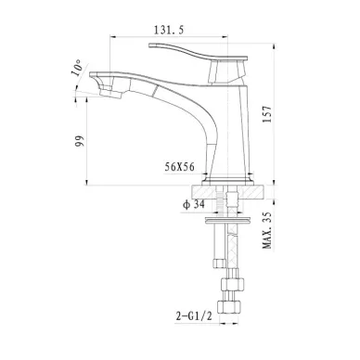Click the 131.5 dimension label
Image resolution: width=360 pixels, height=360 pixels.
pyautogui.click(x=169, y=30)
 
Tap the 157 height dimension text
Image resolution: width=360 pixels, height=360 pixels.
pyautogui.click(x=267, y=114)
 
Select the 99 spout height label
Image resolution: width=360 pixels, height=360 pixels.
pyautogui.click(x=80, y=141)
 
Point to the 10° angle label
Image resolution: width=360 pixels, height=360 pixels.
pyautogui.click(x=77, y=68)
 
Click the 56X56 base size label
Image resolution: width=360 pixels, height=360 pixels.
pyautogui.click(x=180, y=167)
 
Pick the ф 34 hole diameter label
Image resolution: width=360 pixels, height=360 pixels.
pyautogui.click(x=194, y=204)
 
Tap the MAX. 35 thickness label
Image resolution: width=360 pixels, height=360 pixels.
pyautogui.click(x=267, y=230)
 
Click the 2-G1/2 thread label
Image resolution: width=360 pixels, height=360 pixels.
pyautogui.click(x=194, y=316)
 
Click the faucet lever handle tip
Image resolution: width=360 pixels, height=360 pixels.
pyautogui.click(x=150, y=45)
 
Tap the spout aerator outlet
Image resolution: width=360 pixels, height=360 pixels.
pyautogui.click(x=110, y=94)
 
